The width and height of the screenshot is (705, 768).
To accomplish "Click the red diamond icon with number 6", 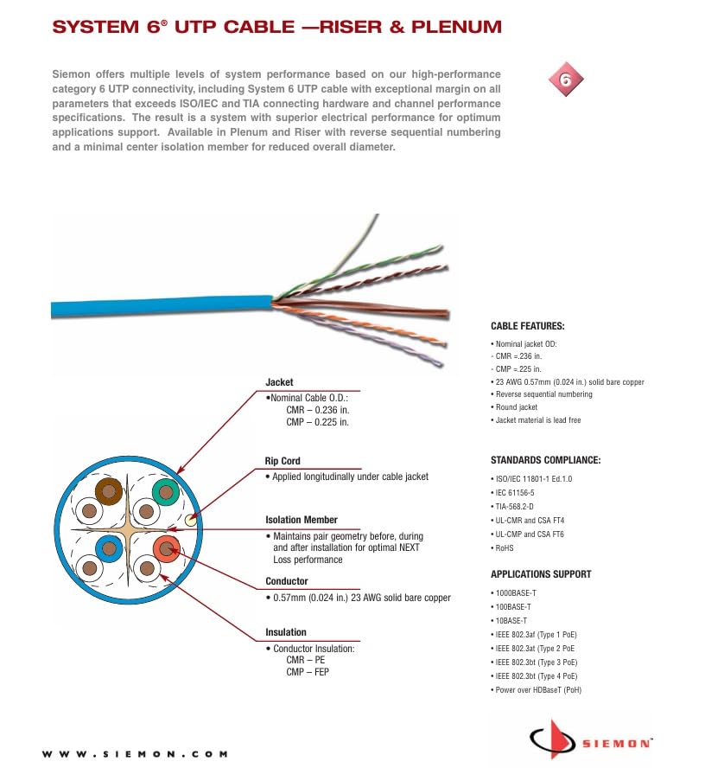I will coord(567,81).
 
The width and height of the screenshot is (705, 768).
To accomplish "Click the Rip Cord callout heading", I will coord(283,461).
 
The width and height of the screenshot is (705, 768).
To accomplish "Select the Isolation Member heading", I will coord(302,520).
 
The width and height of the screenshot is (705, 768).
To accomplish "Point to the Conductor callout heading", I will coord(286,581).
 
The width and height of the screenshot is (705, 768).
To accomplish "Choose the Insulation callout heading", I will coord(285,632).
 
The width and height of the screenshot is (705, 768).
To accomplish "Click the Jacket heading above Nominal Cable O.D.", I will coord(279,382).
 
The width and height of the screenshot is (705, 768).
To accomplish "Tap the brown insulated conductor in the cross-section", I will coord(109,493).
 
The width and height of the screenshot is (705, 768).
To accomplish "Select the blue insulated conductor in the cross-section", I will coord(108,547).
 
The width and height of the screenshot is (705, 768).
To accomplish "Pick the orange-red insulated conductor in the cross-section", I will coord(164,547).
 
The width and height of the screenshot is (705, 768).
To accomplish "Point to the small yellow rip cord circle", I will coord(193,521).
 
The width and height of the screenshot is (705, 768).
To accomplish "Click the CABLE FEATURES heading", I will coord(527,326).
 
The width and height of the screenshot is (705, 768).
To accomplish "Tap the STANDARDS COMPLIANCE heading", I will coord(545,460).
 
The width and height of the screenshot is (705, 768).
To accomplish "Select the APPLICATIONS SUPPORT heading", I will coord(541,574).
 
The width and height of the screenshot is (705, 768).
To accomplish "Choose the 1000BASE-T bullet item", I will coord(515,592).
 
